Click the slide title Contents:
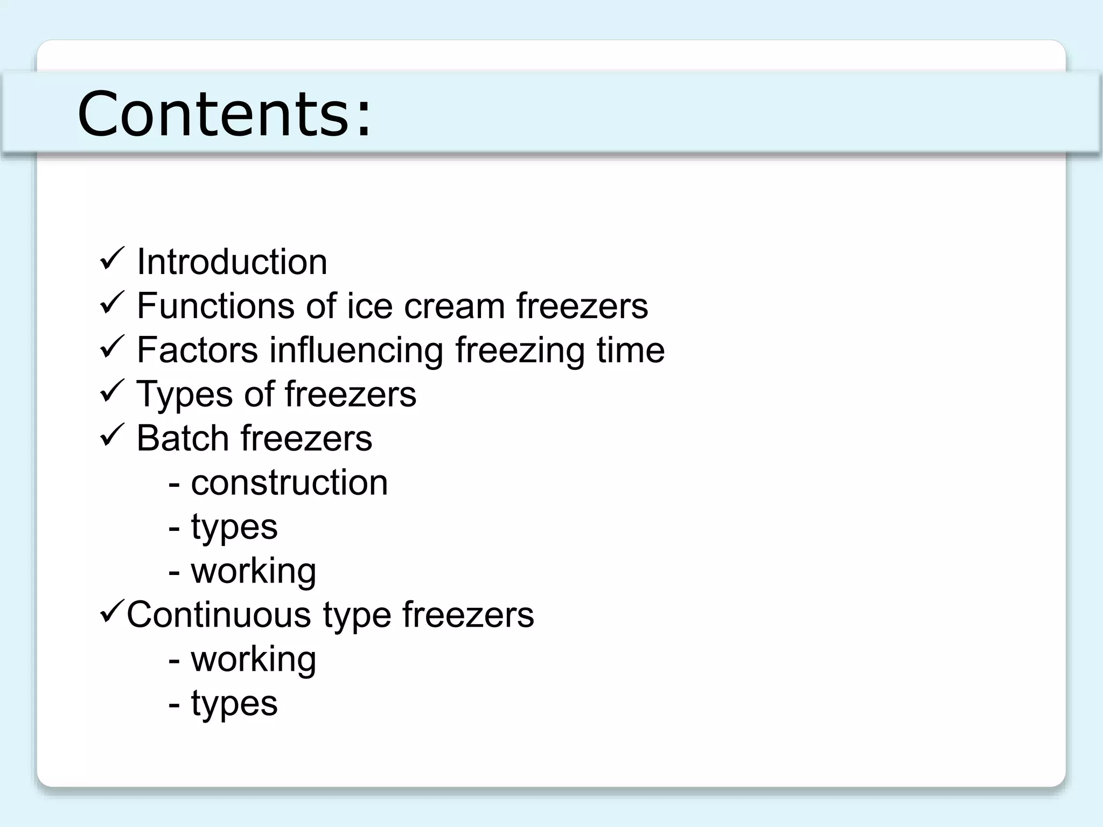(224, 114)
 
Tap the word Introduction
(232, 262)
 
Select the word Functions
(215, 306)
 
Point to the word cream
(455, 306)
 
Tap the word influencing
(357, 351)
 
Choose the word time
(631, 350)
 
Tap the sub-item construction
(289, 482)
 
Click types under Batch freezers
(234, 527)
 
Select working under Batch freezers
(254, 571)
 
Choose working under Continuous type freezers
(254, 660)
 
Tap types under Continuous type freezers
(234, 704)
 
